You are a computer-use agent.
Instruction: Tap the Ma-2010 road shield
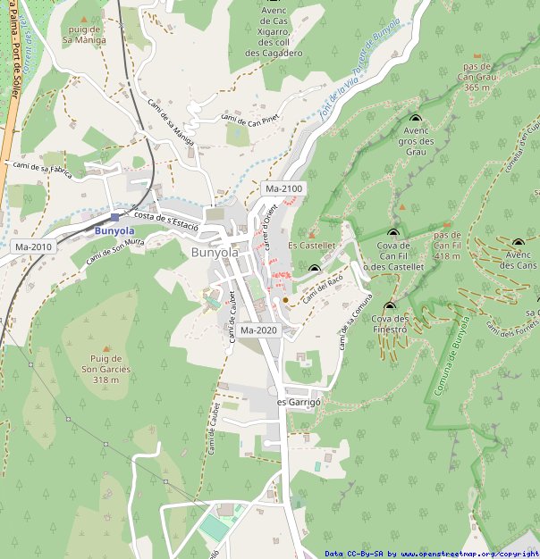33,246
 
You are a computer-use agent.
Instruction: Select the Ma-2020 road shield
259,330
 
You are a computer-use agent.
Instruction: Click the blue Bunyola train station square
115,217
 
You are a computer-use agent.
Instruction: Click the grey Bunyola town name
215,253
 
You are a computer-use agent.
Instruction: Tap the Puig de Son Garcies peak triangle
106,349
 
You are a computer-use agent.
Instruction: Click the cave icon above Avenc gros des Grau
415,118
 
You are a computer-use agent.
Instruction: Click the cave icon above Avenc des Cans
518,242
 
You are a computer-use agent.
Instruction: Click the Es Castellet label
311,245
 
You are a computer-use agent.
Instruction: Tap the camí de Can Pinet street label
251,117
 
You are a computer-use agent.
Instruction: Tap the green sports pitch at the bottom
215,528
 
